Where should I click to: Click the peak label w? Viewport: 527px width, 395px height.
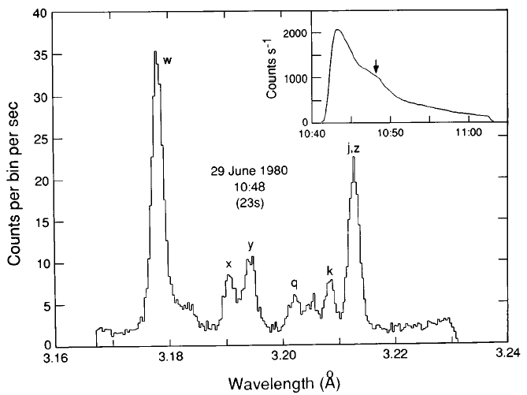point(167,60)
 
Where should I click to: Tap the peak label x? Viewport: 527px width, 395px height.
point(229,263)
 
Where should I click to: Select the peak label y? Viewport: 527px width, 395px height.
point(251,245)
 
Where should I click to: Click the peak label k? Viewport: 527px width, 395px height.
point(329,271)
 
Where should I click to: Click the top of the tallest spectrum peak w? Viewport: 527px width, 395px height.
point(155,52)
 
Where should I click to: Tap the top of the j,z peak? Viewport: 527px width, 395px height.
point(354,158)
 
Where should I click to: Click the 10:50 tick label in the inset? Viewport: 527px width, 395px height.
point(391,134)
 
